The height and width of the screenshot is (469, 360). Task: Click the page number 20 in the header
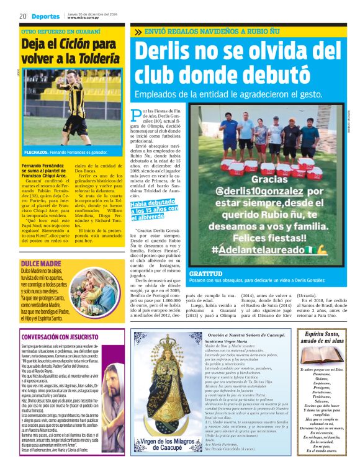pos(22,16)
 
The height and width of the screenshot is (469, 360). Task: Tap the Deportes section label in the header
pos(47,16)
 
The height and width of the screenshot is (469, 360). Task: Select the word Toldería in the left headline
pos(98,59)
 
